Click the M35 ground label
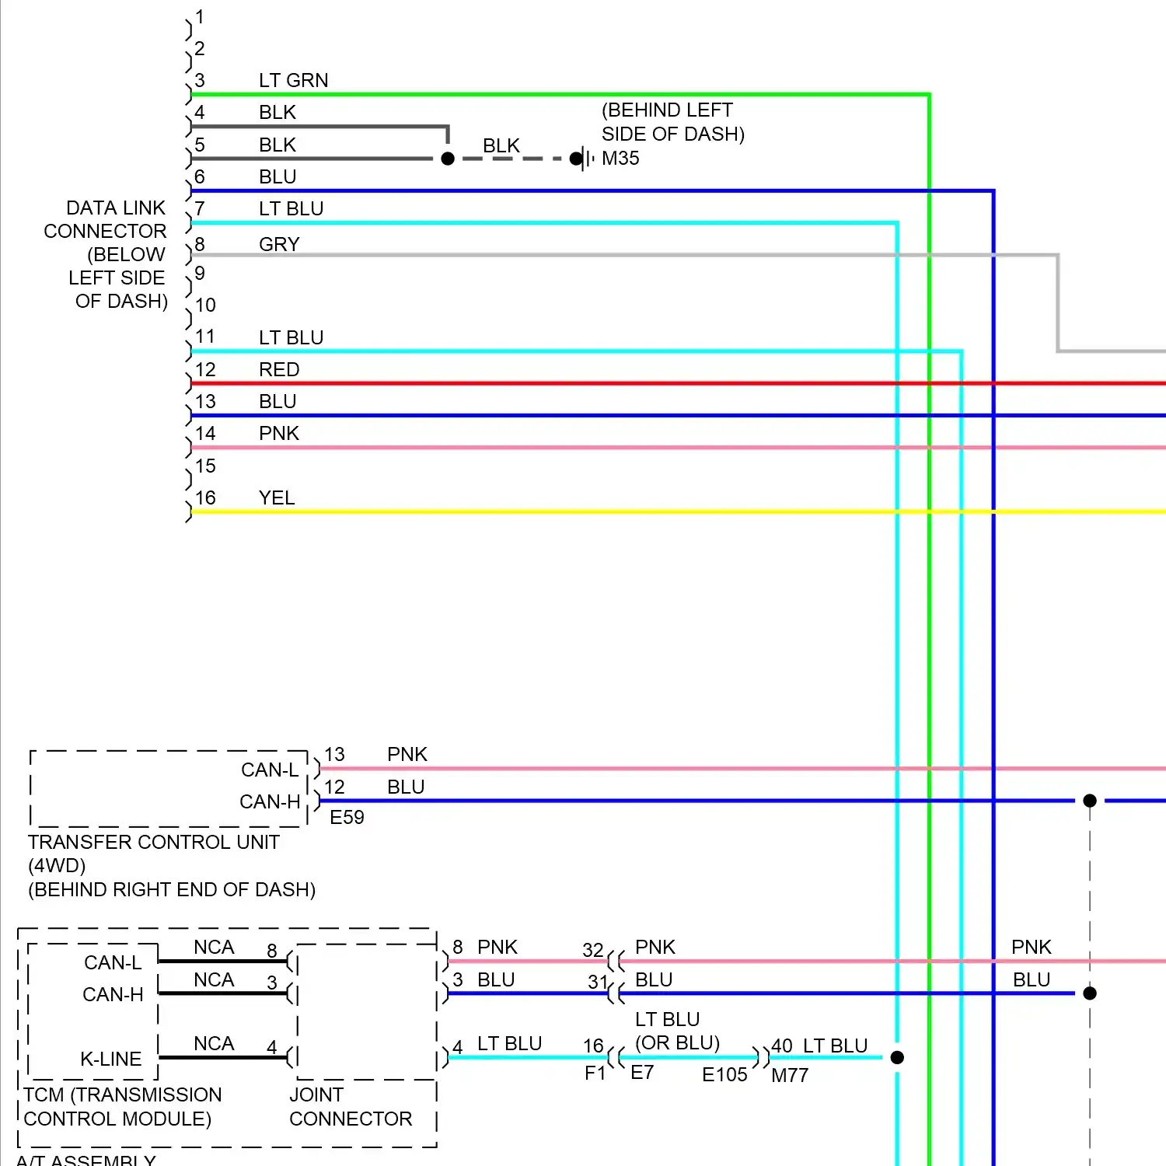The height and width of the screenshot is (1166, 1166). point(620,159)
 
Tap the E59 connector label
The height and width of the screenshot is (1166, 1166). point(347,817)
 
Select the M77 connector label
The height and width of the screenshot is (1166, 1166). point(790,1075)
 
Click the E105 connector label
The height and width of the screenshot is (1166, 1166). point(724,1074)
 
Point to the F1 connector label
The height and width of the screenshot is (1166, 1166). point(595,1073)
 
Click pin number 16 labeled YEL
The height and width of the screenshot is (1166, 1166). point(205,497)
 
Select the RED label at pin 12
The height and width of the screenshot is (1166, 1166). point(279,369)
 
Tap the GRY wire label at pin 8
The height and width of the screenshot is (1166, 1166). point(279,244)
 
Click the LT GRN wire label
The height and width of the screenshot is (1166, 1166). point(293,80)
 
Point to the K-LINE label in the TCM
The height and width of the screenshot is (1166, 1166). point(111,1059)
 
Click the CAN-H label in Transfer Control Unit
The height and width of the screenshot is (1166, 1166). point(270,801)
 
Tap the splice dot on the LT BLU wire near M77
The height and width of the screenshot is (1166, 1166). point(897,1057)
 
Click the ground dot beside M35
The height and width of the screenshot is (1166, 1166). point(576,159)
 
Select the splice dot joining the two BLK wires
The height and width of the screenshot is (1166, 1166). point(448,159)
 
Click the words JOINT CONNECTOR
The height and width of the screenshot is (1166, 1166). point(351,1107)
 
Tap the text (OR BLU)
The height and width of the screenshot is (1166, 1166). point(677,1042)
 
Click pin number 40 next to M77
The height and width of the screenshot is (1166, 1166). point(782,1046)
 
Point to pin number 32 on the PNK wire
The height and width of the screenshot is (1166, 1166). point(593,950)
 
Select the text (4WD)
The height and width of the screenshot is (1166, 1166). point(57,865)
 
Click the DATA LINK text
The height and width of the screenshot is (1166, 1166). point(116,208)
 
